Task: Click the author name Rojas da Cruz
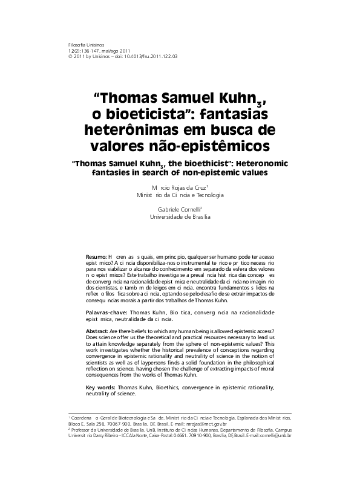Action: (x=185, y=188)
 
